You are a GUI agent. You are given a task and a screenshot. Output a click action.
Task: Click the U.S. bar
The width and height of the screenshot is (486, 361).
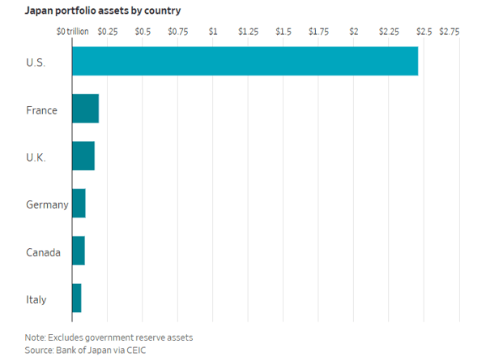(245, 61)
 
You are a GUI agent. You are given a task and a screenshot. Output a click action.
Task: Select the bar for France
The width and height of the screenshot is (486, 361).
(86, 109)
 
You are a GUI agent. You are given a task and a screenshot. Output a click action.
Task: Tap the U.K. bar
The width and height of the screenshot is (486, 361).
(83, 156)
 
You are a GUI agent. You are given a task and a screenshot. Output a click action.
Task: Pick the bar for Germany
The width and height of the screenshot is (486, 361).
(79, 204)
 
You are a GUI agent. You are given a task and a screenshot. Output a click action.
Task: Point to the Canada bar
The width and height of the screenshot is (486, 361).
(79, 251)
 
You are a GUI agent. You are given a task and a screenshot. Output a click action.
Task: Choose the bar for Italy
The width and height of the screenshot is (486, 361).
(77, 298)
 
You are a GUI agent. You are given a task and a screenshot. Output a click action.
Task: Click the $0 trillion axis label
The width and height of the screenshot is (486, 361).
(73, 32)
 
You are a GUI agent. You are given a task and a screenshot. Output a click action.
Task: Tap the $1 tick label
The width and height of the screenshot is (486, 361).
(213, 32)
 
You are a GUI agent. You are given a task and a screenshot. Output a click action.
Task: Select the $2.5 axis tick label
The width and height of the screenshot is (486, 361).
(424, 32)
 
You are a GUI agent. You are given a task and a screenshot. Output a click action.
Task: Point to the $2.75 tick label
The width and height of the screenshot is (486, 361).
(450, 32)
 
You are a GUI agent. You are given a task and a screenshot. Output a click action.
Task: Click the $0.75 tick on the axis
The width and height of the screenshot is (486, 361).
(178, 32)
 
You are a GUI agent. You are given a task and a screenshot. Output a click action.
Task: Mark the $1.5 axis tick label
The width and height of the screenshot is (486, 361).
(283, 32)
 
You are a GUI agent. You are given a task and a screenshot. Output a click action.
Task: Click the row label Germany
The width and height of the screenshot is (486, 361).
(47, 205)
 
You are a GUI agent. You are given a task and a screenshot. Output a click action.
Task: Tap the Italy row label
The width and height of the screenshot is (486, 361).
(36, 300)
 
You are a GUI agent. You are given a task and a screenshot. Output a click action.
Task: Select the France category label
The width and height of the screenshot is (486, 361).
(41, 110)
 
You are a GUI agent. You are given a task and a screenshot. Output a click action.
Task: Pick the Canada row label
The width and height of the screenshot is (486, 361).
(43, 252)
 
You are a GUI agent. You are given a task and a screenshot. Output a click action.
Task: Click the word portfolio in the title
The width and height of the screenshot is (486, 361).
(75, 11)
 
